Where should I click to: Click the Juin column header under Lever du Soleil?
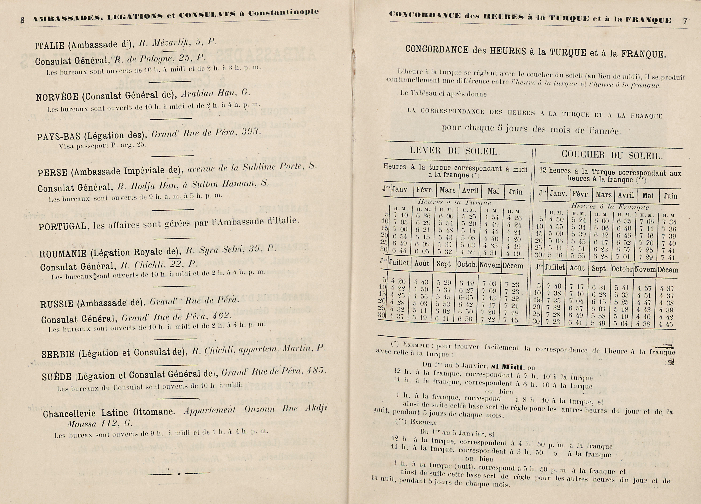[515, 192]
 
